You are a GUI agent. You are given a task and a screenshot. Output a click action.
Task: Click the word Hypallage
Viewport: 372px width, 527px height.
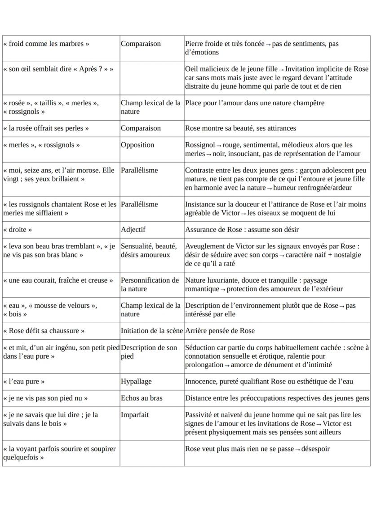click(136, 381)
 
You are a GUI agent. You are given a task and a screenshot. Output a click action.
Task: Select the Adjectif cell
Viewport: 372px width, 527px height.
click(133, 230)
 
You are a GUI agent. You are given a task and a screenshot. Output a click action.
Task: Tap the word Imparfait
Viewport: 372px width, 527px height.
click(134, 414)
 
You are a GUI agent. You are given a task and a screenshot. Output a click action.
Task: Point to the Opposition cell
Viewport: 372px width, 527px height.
click(137, 145)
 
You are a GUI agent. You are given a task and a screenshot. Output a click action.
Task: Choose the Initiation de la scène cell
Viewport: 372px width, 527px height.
click(151, 331)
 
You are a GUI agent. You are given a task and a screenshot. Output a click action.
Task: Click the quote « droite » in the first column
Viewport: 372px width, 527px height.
click(18, 230)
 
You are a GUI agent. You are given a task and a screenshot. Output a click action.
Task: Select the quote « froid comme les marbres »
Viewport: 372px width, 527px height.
click(46, 44)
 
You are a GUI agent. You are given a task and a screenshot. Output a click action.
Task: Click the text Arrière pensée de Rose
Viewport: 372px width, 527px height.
click(220, 331)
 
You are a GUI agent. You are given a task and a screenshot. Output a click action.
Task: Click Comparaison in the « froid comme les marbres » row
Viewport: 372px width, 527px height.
click(141, 44)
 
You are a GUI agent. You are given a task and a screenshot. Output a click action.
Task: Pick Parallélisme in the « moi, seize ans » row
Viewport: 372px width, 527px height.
click(139, 171)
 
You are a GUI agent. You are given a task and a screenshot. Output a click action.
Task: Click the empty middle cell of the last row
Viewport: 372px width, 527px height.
click(151, 453)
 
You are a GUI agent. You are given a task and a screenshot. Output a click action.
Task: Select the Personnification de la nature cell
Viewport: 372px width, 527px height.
click(150, 284)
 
